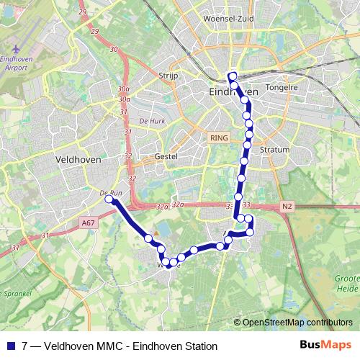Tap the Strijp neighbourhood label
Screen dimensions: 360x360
[x=168, y=74]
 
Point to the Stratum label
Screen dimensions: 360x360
[x=274, y=150]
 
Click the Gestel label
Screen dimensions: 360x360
[x=166, y=156]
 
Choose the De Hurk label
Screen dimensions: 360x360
[x=153, y=121]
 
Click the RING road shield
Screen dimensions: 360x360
[x=218, y=137]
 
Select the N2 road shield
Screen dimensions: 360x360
[x=287, y=207]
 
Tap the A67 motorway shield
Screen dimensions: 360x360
[x=88, y=223]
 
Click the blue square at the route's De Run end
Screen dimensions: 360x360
[x=109, y=201]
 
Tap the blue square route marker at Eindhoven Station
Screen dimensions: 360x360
[x=232, y=74]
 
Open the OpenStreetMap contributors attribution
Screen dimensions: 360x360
[x=297, y=323]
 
